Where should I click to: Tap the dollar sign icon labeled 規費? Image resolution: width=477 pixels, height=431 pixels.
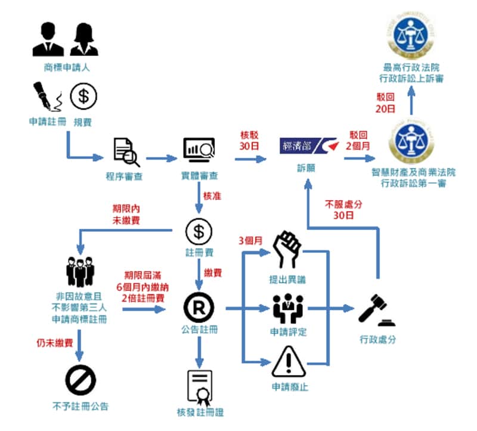pyautogui.click(x=83, y=96)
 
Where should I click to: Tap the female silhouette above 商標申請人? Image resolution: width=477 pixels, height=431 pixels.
pyautogui.click(x=83, y=39)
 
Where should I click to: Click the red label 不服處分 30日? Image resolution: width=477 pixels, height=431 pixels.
pyautogui.click(x=343, y=209)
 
